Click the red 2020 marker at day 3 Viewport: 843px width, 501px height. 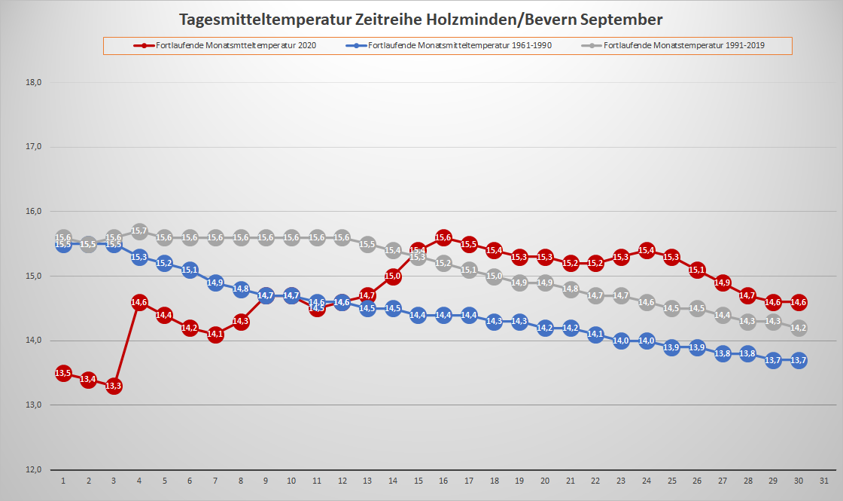point(114,386)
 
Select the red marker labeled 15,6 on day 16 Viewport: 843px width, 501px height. point(443,237)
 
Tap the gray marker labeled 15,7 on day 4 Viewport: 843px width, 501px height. point(139,231)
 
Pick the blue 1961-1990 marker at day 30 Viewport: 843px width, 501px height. point(799,360)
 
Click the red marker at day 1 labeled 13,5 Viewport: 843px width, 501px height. point(63,373)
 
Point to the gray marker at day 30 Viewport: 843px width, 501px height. point(799,328)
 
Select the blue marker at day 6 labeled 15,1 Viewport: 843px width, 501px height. point(190,270)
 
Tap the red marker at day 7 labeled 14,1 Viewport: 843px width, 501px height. point(215,335)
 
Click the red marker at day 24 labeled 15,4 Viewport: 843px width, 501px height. point(647,250)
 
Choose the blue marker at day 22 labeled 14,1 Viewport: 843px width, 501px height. point(595,335)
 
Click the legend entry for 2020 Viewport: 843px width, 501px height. point(225,45)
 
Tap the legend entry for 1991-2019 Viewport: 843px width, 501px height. point(677,45)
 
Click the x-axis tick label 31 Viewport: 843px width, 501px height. point(824,481)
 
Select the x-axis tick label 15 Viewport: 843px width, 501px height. point(418,481)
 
